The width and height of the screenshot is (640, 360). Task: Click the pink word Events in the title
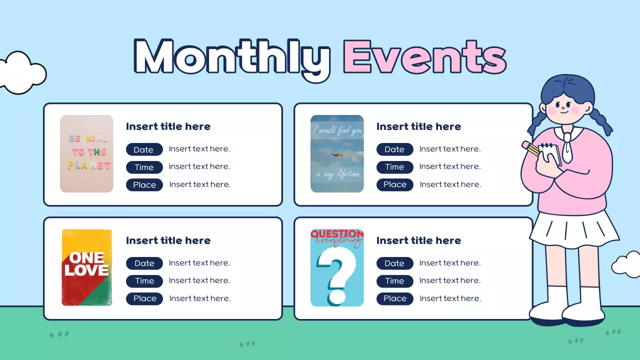[x=424, y=56]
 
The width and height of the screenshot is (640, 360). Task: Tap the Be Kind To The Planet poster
[x=86, y=153]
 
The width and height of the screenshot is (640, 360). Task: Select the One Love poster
[x=87, y=267]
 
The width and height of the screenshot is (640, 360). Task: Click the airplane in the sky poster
[x=337, y=155]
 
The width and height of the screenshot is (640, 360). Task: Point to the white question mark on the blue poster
[x=336, y=275]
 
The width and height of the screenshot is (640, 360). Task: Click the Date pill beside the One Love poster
[x=144, y=263]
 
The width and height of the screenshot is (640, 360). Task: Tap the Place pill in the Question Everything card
[x=395, y=298]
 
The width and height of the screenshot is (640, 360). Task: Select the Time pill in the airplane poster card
[x=395, y=167]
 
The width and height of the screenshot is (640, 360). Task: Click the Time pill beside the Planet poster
[x=144, y=167]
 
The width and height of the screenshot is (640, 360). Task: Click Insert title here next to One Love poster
[x=168, y=240]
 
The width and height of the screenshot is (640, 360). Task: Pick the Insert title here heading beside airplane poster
[x=418, y=126]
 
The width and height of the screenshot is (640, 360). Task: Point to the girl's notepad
[x=550, y=154]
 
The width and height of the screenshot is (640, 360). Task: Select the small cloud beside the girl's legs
[x=626, y=264]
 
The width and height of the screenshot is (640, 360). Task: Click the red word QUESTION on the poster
[x=337, y=234]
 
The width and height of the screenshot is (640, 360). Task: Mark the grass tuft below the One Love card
[x=59, y=334]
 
